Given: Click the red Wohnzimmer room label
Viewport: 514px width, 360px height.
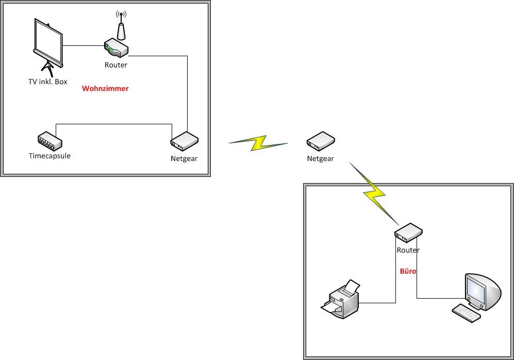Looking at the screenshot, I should [105, 89].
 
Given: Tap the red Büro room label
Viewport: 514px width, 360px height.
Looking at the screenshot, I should [408, 271].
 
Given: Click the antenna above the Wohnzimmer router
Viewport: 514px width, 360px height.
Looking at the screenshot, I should [121, 26].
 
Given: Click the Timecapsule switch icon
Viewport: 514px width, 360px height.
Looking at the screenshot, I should [49, 140].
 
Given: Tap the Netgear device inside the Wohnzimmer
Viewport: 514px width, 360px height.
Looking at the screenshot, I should [184, 141].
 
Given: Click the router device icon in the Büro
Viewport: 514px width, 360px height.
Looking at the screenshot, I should [409, 233].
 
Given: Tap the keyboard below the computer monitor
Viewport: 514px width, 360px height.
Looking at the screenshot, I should [466, 313].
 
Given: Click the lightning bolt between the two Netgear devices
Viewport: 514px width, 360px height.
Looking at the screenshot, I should [258, 143].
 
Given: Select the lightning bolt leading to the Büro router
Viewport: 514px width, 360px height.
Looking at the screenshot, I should [374, 191].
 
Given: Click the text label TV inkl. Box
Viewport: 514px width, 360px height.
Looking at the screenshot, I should [47, 82].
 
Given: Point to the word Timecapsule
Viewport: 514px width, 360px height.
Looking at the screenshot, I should [49, 156].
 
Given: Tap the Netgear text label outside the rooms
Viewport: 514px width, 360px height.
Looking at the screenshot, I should [320, 159].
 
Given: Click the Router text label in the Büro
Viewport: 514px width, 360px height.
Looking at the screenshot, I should [408, 250].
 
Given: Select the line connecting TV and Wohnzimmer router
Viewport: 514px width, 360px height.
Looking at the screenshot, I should [84, 46].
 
